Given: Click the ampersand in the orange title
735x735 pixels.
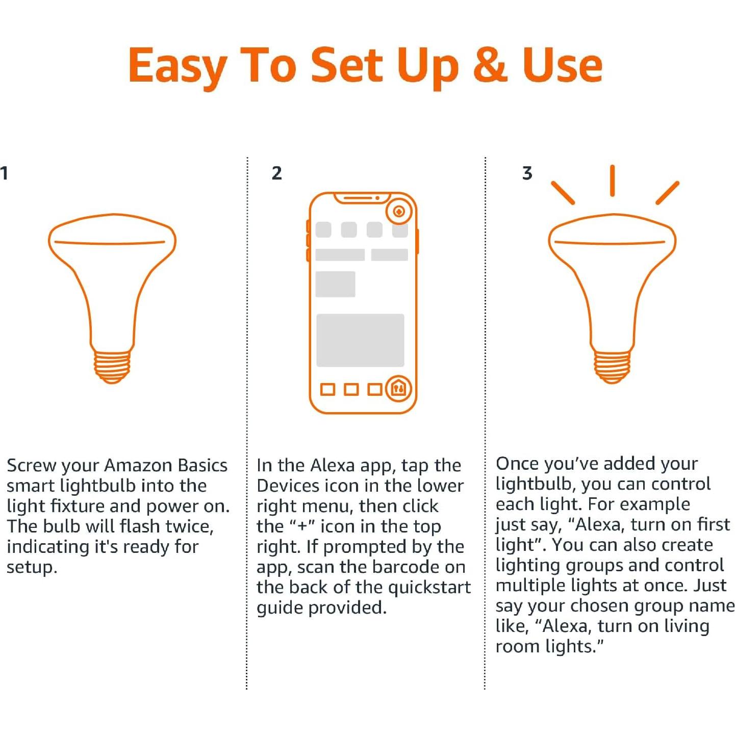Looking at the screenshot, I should (490, 65).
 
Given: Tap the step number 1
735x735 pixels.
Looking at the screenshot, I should (4, 173).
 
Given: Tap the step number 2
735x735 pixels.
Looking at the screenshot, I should (276, 173).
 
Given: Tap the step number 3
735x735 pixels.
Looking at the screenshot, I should (527, 173).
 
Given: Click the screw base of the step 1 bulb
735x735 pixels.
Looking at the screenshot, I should (112, 366).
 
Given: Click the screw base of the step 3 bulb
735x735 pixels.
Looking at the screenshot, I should (612, 366).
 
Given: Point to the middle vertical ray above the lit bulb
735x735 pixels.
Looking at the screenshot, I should (612, 181).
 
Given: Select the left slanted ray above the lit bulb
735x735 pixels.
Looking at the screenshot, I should (563, 193).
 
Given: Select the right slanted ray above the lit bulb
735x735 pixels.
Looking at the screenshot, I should (667, 193).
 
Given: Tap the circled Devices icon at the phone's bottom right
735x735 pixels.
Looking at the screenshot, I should (399, 389).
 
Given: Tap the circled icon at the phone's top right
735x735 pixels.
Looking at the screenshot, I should (399, 211).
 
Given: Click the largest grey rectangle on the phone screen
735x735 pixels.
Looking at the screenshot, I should (360, 340).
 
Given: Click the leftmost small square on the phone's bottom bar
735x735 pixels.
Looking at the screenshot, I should (327, 390).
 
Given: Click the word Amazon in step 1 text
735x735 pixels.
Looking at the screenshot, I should (139, 465).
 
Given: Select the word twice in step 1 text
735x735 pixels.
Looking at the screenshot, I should (189, 526).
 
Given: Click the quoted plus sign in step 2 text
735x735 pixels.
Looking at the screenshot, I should (301, 526).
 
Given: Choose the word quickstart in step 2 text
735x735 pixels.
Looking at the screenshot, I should (429, 588).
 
